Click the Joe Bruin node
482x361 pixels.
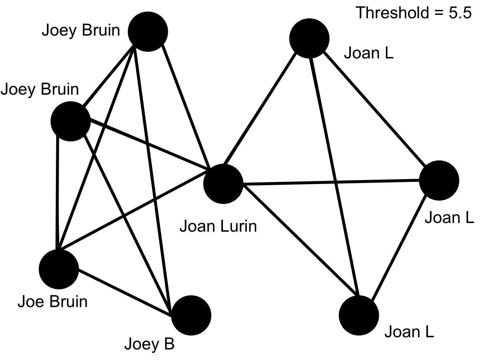click(x=58, y=269)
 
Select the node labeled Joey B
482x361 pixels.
click(x=191, y=315)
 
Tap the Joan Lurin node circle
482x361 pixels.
click(x=223, y=184)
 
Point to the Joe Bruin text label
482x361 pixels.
click(x=52, y=302)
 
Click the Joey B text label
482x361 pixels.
click(x=149, y=344)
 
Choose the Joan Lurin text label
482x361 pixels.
click(x=218, y=226)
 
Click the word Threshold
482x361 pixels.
click(x=392, y=13)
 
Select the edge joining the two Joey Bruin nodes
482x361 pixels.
click(x=108, y=76)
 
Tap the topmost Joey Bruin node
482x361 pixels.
click(x=148, y=31)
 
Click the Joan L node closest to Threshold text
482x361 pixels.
click(x=309, y=39)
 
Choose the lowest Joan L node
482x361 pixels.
click(x=359, y=315)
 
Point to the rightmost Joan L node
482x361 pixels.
click(x=439, y=180)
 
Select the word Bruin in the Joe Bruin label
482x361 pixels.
click(x=70, y=302)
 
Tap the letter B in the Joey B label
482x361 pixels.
click(x=169, y=344)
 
